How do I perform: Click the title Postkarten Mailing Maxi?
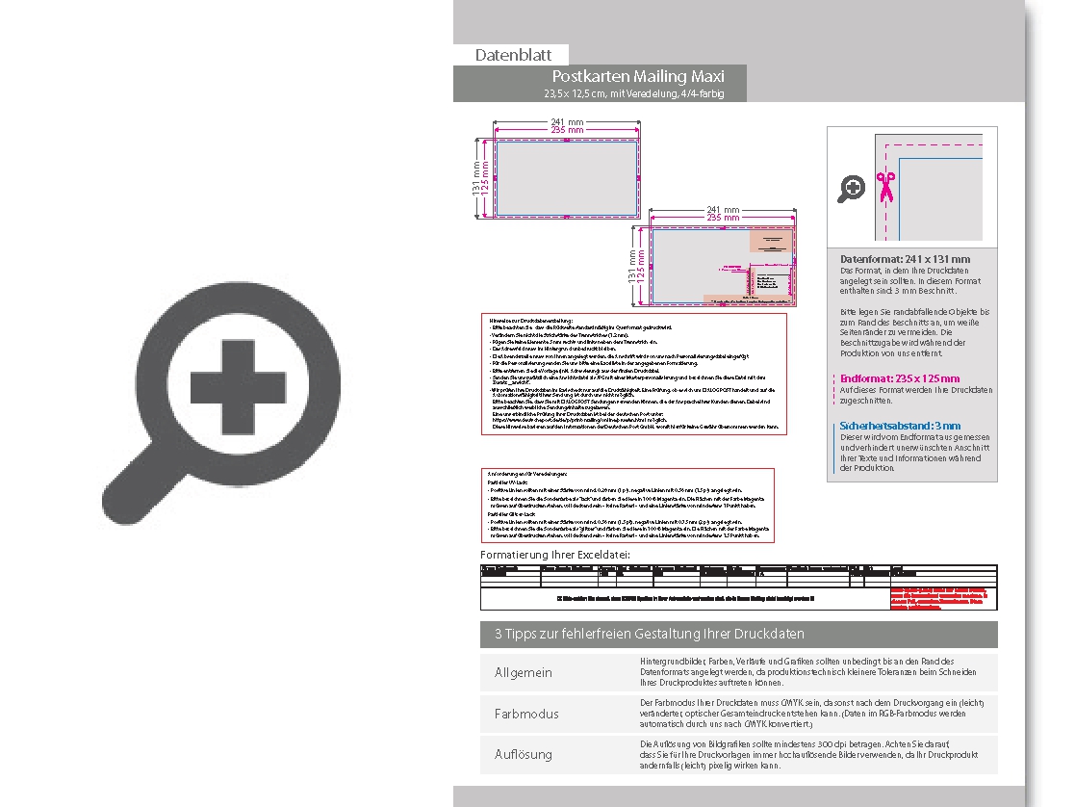click(638, 76)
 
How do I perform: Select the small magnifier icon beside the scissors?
click(851, 189)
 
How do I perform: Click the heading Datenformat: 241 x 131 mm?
click(905, 259)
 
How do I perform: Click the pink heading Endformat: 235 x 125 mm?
click(899, 378)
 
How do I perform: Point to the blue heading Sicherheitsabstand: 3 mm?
click(899, 426)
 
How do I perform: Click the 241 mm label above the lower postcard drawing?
click(723, 209)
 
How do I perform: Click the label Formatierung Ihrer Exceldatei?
click(555, 556)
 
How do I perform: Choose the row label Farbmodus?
click(525, 714)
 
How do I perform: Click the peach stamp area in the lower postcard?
click(769, 241)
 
